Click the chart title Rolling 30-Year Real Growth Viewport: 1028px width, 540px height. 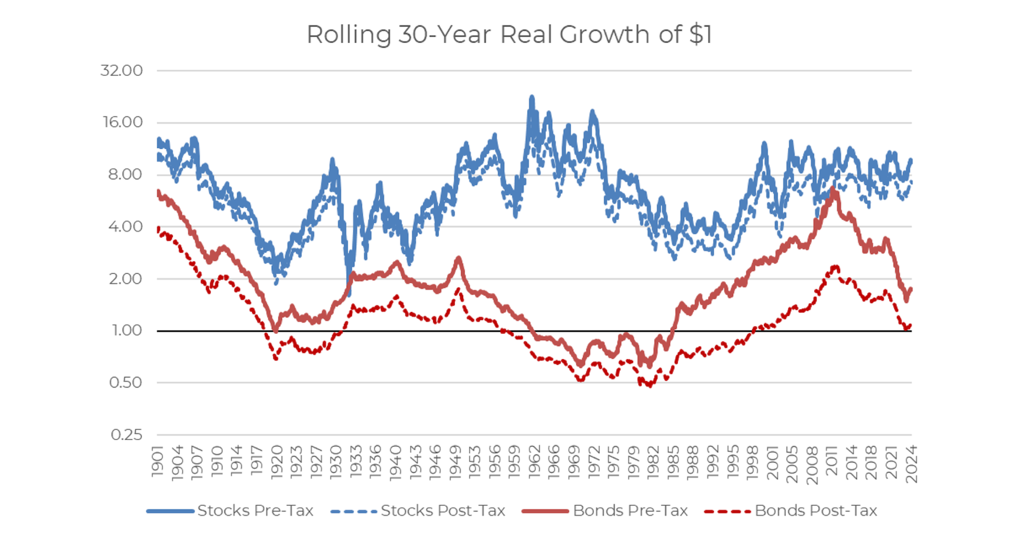pos(508,35)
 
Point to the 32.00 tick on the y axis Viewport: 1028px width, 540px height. pos(122,70)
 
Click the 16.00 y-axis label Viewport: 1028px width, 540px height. pos(123,122)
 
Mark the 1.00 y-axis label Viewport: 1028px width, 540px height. pos(127,331)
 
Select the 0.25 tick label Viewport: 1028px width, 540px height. pos(127,435)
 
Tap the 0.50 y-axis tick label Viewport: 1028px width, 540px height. pos(126,382)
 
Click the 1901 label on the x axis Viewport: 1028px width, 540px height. pos(158,461)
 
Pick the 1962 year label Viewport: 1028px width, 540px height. pos(534,461)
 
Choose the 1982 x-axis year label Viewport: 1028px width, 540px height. pos(653,461)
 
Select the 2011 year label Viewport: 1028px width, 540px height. pos(832,461)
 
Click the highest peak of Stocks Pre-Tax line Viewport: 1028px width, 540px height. pos(532,96)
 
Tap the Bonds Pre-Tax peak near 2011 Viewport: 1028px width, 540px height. pos(833,189)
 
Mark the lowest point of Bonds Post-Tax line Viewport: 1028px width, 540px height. pos(650,386)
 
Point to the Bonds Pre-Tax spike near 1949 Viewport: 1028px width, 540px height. pos(458,258)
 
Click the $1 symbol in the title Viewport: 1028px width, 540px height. pos(700,35)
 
